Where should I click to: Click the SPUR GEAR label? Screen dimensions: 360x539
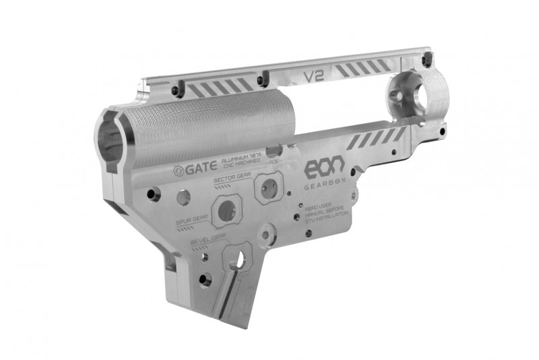(x=191, y=220)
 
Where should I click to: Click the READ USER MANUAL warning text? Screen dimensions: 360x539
(x=327, y=212)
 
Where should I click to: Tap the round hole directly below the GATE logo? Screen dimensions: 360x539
(x=183, y=198)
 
